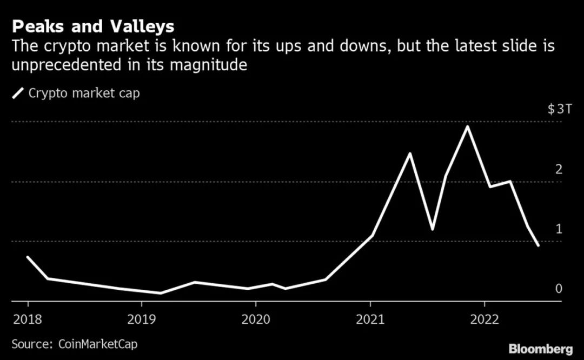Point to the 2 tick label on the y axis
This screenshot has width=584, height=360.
[x=559, y=169]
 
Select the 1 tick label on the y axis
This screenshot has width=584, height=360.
[x=559, y=229]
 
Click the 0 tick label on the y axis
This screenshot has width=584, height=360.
[x=559, y=289]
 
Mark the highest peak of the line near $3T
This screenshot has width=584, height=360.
[x=467, y=126]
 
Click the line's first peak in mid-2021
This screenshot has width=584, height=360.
[x=410, y=154]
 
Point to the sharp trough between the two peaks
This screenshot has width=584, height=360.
[x=433, y=229]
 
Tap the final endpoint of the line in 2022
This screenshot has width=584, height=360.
[x=537, y=245]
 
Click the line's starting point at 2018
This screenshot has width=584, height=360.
[x=28, y=257]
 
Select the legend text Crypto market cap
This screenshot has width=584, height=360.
[x=84, y=93]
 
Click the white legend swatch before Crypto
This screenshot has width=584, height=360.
[x=18, y=94]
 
